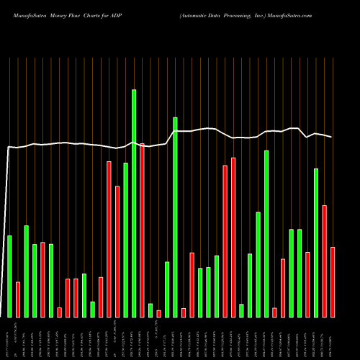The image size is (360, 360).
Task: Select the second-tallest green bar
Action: point(175,217)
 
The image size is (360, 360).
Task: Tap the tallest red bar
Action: point(142,230)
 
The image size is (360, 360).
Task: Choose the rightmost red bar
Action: point(333,282)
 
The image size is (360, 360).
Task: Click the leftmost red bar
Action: point(18,299)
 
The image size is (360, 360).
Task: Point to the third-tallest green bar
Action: point(266,233)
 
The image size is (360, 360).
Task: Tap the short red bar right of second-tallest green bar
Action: point(184,312)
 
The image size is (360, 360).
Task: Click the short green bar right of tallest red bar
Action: point(150,310)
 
